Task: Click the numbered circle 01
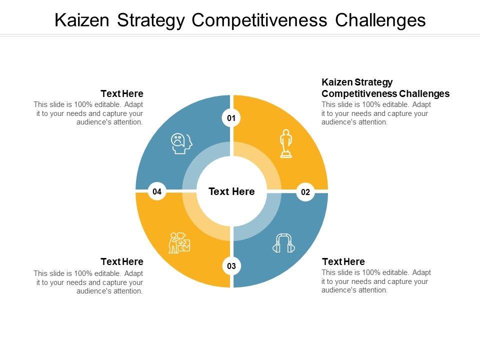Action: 231,118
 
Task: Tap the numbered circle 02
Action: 305,192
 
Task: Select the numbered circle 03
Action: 231,266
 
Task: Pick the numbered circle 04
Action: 157,191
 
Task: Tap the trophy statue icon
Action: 285,143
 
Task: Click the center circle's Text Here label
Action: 231,191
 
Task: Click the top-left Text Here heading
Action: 122,93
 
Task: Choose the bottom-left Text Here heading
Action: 122,261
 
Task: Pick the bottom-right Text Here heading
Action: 343,261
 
